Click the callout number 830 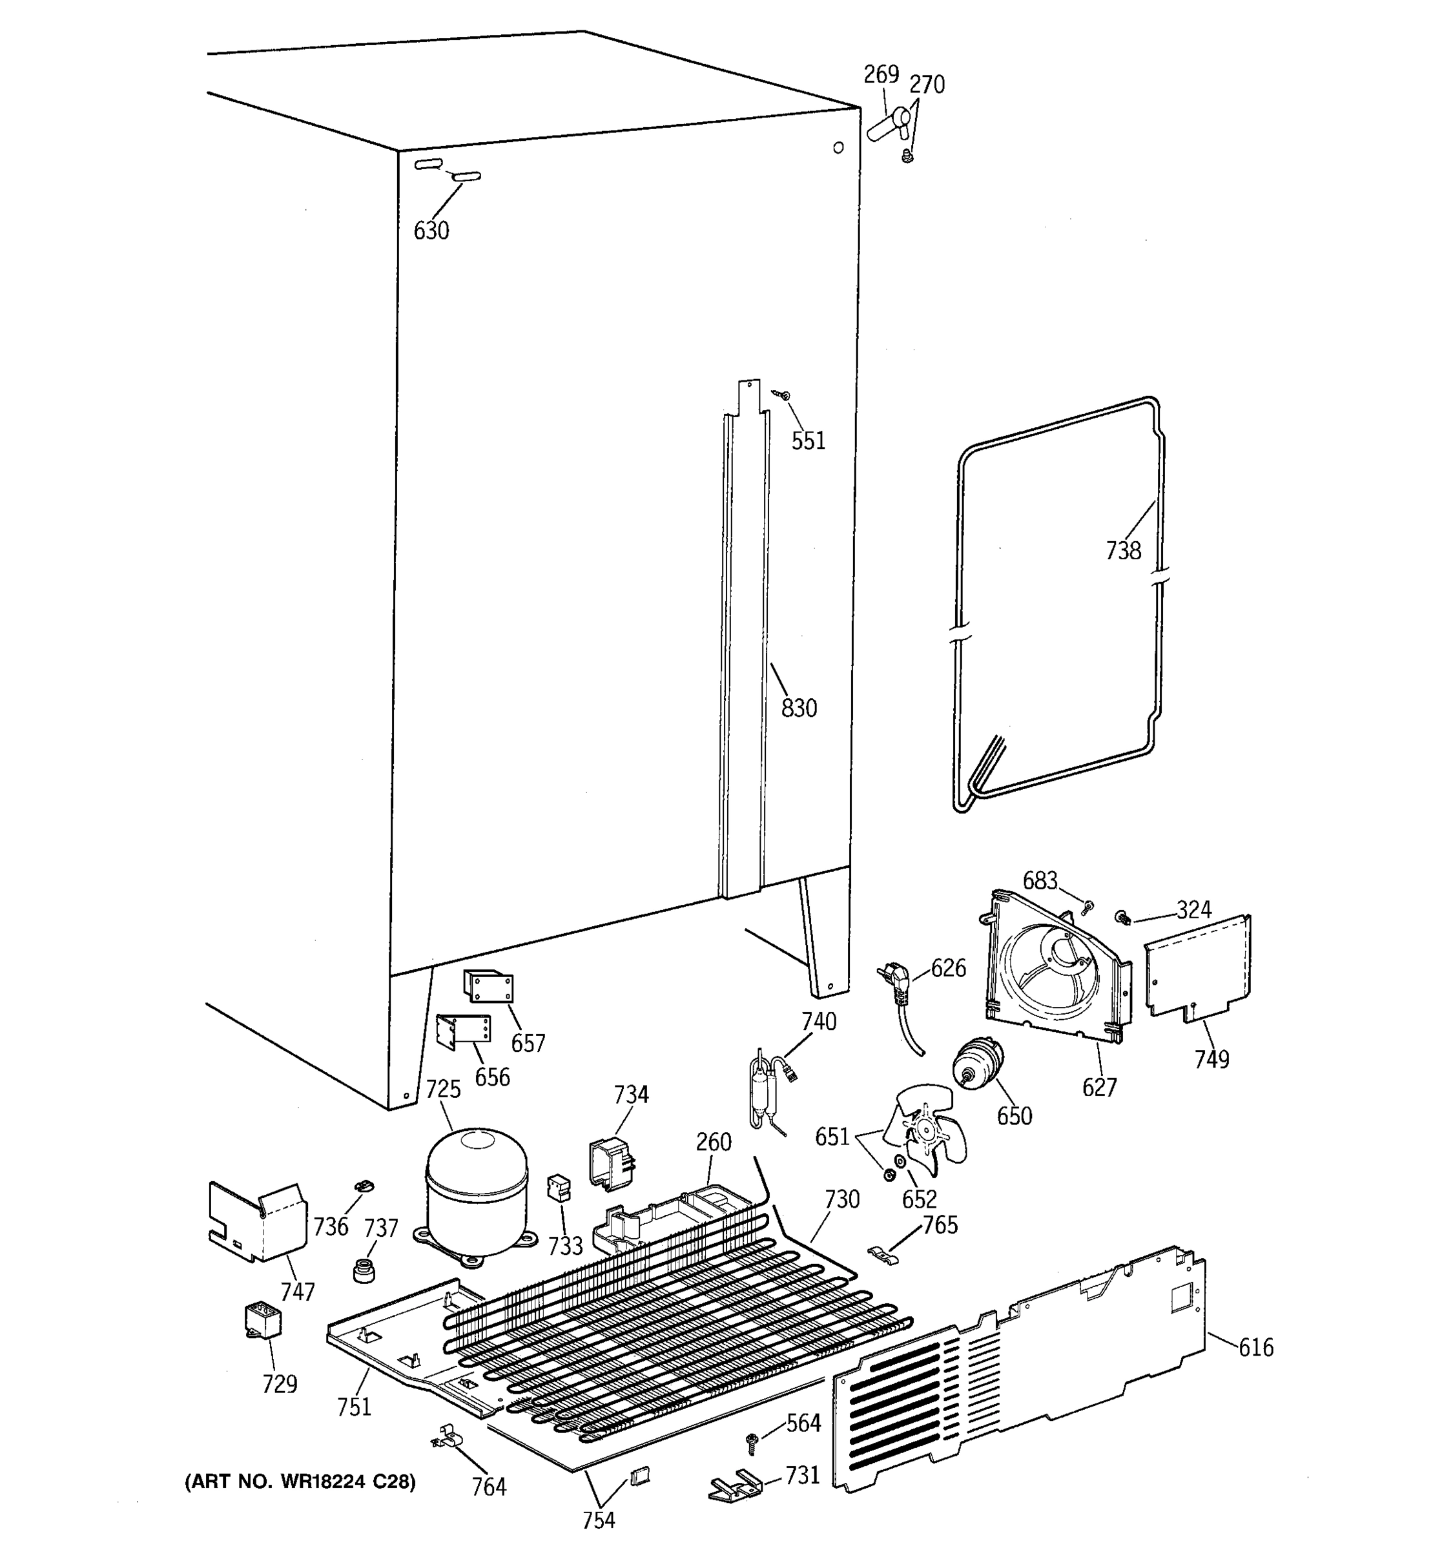[x=799, y=708]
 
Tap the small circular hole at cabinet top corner [x=838, y=147]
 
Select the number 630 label [x=431, y=231]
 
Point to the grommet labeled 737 [x=363, y=1269]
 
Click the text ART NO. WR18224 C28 [x=300, y=1482]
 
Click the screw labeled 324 [x=1123, y=917]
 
